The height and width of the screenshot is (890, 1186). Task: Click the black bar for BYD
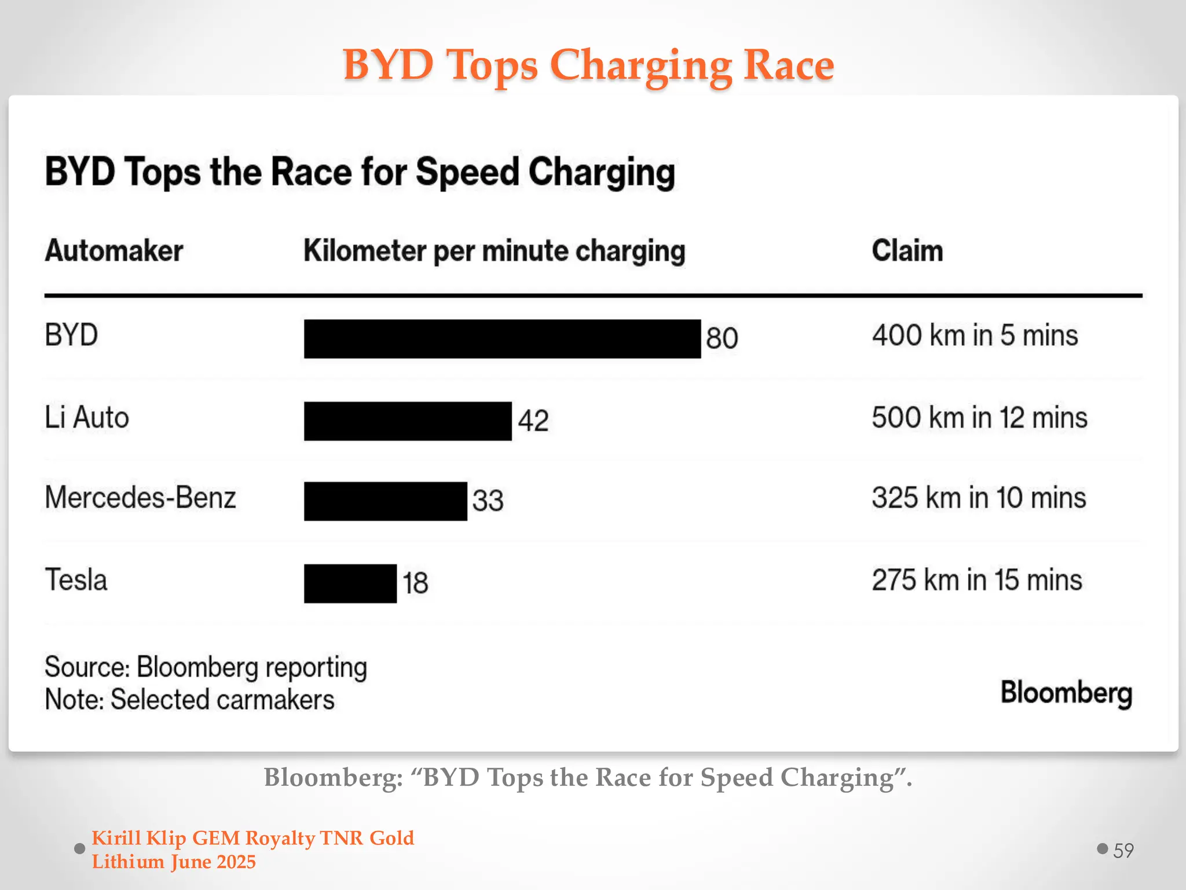pos(502,338)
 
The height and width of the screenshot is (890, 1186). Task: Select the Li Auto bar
pos(408,421)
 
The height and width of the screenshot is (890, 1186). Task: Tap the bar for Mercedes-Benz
pos(385,501)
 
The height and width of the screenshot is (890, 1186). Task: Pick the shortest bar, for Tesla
pos(350,583)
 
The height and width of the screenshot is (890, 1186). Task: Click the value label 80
pos(722,338)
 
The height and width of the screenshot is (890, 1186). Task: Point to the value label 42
pos(533,421)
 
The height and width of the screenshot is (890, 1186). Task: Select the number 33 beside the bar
pos(488,501)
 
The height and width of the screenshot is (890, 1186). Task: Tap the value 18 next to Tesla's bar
pos(415,583)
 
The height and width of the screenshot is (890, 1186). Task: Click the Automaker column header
pos(114,251)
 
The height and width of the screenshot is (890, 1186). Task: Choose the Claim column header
pos(907,251)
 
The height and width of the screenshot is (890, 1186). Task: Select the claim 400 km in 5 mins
pos(975,335)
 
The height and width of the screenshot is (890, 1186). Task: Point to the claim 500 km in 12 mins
pos(979,418)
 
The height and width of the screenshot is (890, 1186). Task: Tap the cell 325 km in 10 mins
pos(979,498)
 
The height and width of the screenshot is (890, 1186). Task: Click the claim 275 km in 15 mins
pos(977,581)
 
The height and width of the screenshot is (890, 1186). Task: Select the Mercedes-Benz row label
pos(140,498)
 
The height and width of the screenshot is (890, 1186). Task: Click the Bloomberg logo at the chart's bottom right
pos(1066,694)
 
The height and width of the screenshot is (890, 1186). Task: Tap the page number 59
pos(1123,851)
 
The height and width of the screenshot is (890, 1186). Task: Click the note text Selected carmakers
pos(222,700)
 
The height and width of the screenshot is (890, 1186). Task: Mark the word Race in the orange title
pos(788,65)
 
